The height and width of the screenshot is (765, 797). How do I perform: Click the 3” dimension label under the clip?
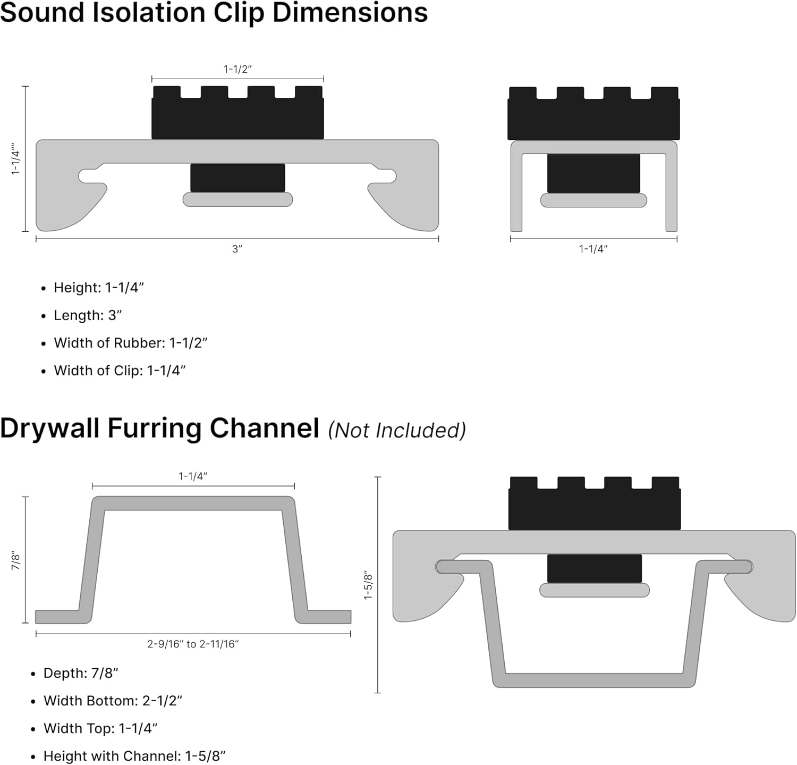tap(237, 249)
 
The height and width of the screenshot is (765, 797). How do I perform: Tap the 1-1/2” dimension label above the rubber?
tap(237, 69)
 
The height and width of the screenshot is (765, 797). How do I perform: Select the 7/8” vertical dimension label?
tap(16, 560)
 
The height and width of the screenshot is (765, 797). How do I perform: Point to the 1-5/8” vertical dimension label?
tap(368, 585)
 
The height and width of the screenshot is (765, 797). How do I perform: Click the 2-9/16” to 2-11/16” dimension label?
tap(193, 644)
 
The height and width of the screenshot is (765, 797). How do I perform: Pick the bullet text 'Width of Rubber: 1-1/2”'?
tap(130, 343)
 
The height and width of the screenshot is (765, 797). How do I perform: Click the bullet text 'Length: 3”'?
tap(88, 315)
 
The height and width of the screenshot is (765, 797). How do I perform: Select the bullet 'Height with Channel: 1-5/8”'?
tap(134, 756)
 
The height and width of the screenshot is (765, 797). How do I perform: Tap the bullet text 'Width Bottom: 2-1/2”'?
tap(113, 701)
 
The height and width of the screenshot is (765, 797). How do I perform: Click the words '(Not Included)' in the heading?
tap(396, 430)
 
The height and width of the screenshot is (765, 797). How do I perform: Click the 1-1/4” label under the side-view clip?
tap(593, 249)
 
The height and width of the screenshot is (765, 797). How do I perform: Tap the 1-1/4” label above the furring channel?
tap(193, 476)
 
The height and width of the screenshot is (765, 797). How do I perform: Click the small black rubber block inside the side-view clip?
tap(593, 173)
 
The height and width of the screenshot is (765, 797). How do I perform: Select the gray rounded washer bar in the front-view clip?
tap(238, 199)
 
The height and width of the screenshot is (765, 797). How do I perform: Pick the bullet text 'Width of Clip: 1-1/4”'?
tap(120, 371)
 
